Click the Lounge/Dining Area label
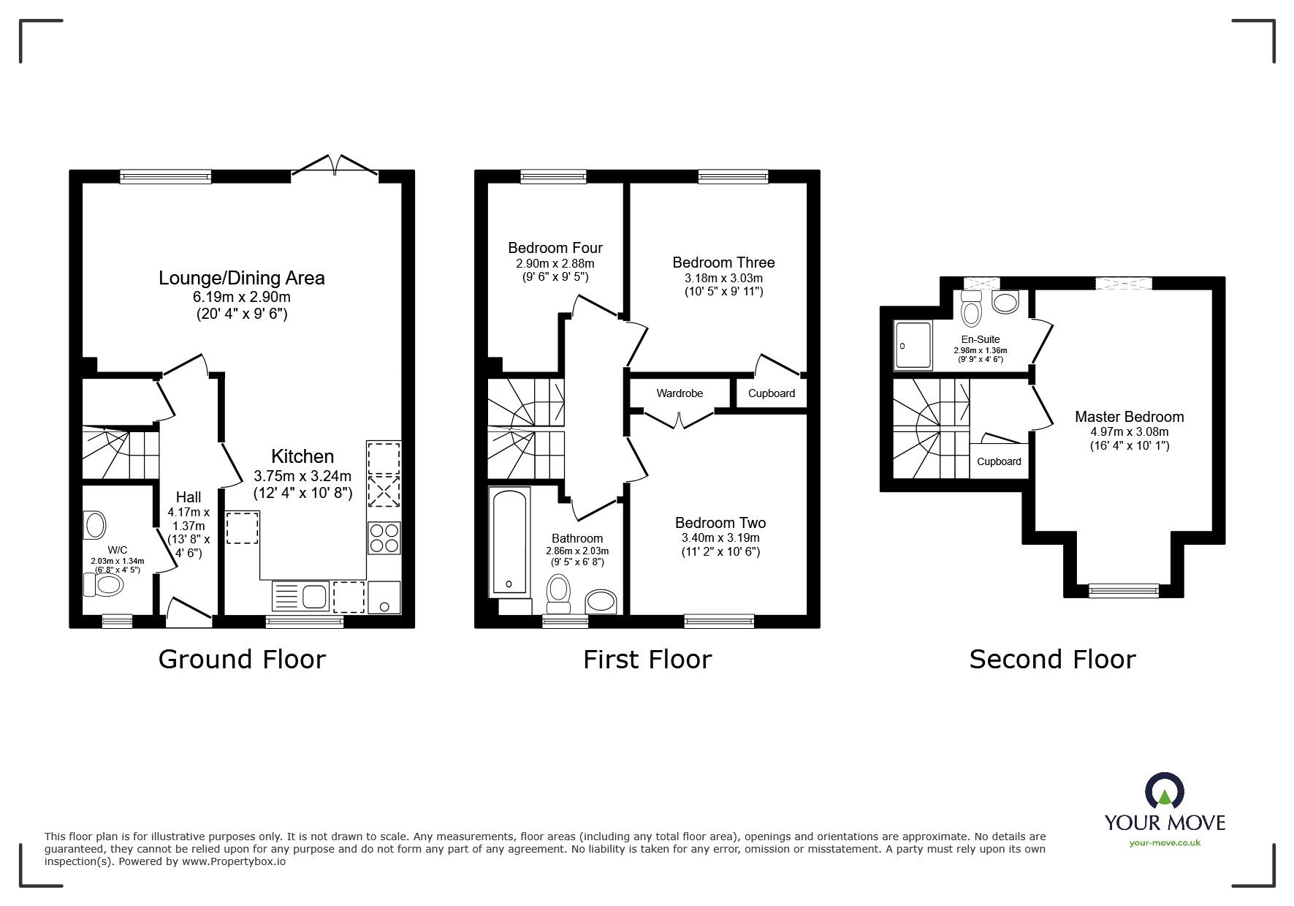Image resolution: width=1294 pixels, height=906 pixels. (x=242, y=278)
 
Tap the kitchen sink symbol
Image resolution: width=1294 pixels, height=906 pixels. (x=300, y=596)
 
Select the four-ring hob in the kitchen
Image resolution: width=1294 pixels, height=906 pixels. (x=384, y=538)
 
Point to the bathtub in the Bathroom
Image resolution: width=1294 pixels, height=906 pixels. (x=509, y=542)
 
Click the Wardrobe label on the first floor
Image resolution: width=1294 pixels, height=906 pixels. (x=680, y=393)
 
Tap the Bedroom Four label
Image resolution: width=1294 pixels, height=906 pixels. (x=555, y=248)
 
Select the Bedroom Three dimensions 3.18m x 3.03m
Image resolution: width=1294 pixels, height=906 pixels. (x=723, y=278)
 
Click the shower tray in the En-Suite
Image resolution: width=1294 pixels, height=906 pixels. (x=913, y=345)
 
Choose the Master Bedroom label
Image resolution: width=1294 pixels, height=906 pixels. (x=1129, y=417)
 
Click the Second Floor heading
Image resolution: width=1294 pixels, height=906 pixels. (x=1052, y=659)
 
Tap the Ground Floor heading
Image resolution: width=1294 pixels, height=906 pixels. (x=242, y=659)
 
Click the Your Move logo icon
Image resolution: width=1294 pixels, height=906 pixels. (x=1164, y=793)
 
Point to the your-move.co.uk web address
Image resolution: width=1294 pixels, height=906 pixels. (x=1165, y=843)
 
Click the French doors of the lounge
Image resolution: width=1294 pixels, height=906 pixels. (x=335, y=166)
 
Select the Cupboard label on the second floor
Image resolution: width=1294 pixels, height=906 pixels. (x=999, y=461)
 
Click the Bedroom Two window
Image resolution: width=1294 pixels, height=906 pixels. (x=719, y=621)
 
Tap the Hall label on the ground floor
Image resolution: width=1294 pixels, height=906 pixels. (x=189, y=497)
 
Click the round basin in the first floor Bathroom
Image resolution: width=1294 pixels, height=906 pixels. (x=601, y=602)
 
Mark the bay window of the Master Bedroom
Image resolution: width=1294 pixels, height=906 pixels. (x=1123, y=589)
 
